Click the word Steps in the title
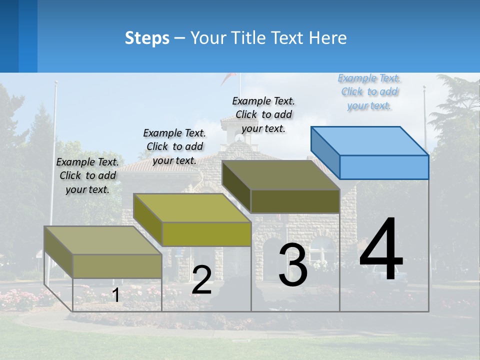click(x=147, y=38)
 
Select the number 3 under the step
click(x=292, y=265)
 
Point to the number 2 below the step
click(x=201, y=280)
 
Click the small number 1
click(x=115, y=295)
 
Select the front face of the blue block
click(x=384, y=167)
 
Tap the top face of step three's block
click(x=281, y=175)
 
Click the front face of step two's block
click(x=206, y=234)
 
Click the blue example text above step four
click(x=369, y=92)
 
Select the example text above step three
click(x=263, y=114)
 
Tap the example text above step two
click(x=174, y=146)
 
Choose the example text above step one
click(x=87, y=175)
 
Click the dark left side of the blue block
click(x=325, y=152)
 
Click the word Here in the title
click(x=327, y=38)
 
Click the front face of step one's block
click(x=117, y=266)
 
